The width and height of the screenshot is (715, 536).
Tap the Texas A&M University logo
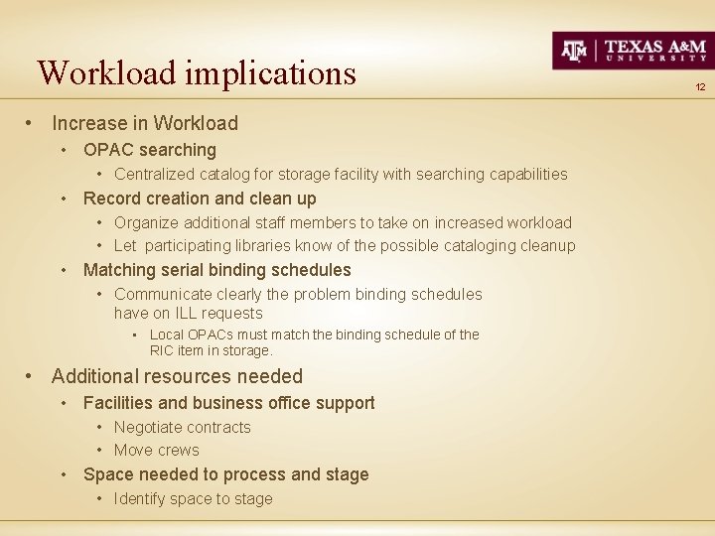632,50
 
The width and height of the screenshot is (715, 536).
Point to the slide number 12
700,87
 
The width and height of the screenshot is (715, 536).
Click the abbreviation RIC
163,350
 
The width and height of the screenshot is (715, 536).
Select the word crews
179,451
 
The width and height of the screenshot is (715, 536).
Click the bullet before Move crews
102,451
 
